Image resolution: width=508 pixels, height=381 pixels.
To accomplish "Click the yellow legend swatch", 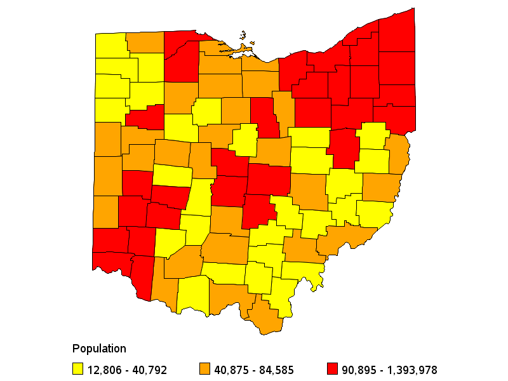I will pos(77,369).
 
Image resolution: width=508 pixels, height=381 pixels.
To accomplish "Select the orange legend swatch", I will pos(204,369).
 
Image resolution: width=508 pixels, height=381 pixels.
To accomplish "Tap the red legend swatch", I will pos(331,369).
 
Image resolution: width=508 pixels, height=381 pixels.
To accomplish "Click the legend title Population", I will pos(99,349).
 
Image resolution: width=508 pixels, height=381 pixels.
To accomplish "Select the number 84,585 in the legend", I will pos(274,370).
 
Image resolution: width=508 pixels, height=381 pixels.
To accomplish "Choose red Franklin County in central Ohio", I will pos(228,191).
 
